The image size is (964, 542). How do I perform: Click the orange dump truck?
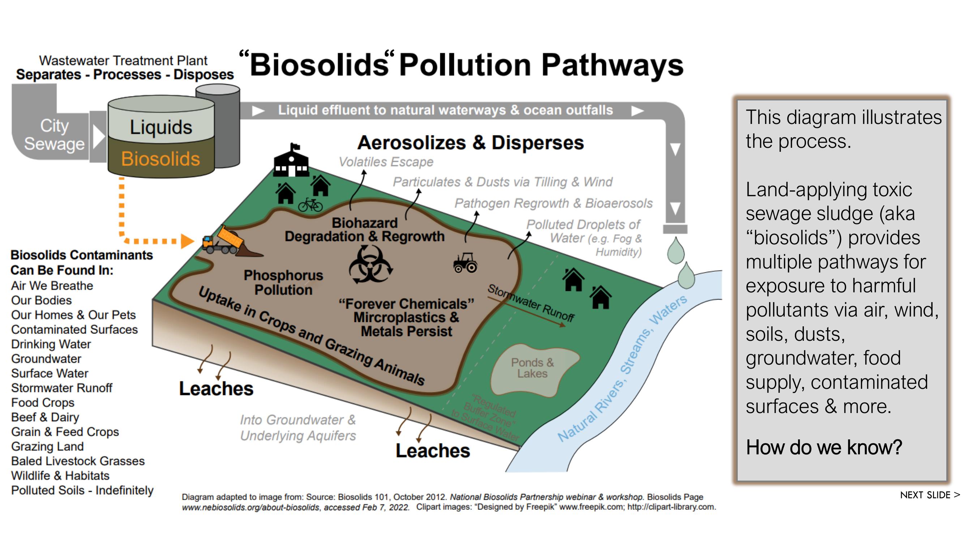(223, 241)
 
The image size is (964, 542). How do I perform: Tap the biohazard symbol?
(370, 264)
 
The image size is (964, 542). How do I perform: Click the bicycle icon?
(310, 205)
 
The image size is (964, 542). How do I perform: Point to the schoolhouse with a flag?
(292, 161)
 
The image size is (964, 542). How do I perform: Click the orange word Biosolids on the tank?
(160, 159)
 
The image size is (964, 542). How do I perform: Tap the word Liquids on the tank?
(161, 127)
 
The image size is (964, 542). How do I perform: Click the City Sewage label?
(54, 135)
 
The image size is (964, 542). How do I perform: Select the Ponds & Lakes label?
(532, 368)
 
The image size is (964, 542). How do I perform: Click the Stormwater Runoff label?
(531, 303)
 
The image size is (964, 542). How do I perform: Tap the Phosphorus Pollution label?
(283, 283)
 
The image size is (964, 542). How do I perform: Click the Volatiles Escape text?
(386, 162)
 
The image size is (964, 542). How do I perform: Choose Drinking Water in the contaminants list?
(51, 344)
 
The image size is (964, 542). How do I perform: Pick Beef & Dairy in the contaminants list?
(45, 417)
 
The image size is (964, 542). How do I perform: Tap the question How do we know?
(824, 447)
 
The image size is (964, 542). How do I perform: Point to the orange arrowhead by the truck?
(187, 241)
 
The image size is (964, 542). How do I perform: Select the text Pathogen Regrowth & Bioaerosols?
(553, 203)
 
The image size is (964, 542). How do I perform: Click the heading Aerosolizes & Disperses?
(470, 142)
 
